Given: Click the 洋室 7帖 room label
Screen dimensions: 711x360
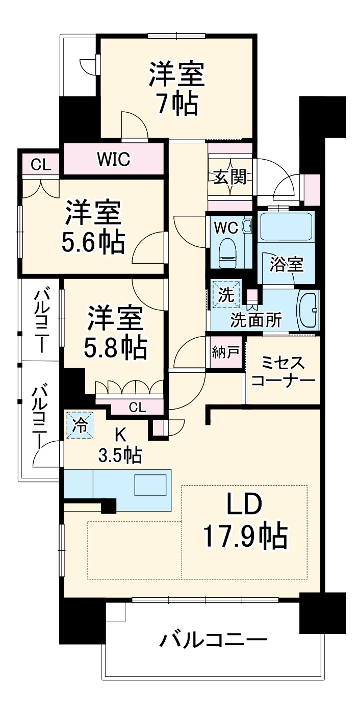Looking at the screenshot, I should [176, 89].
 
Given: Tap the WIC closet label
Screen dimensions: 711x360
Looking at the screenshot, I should [114, 160].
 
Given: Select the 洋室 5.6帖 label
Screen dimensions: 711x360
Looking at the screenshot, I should [93, 227].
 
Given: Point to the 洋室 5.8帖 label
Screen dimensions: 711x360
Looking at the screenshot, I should [115, 333].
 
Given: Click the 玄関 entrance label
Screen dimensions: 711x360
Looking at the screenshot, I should [230, 177].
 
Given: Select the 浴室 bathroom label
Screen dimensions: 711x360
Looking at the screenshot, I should [286, 265].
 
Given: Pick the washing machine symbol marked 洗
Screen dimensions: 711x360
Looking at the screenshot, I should [225, 295].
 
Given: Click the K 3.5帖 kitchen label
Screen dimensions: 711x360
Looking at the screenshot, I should [120, 444].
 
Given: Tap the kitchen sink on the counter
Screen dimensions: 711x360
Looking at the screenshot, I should [150, 485].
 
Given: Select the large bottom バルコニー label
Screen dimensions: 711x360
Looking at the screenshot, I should [214, 640].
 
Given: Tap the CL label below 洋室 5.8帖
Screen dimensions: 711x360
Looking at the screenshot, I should [137, 407].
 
